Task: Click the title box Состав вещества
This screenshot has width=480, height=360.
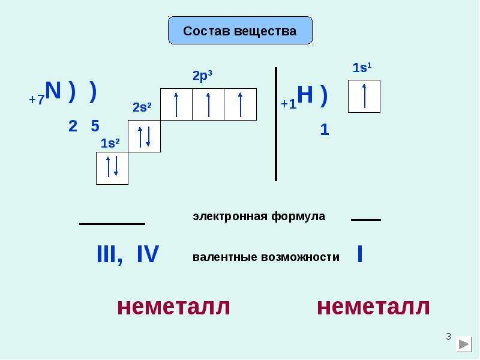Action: (x=241, y=31)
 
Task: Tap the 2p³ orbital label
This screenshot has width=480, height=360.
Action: (x=202, y=76)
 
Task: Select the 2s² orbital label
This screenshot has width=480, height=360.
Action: (x=142, y=107)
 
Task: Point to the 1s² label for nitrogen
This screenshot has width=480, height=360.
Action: (x=110, y=143)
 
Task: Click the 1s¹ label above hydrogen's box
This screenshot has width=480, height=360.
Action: (x=362, y=68)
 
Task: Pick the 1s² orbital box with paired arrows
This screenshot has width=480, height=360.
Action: (x=112, y=168)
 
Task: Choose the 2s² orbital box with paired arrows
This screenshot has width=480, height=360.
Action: (x=144, y=136)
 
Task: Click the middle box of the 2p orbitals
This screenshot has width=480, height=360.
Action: (x=208, y=104)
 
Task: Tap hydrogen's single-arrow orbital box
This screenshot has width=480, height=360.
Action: (x=364, y=97)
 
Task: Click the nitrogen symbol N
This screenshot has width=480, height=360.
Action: (x=53, y=91)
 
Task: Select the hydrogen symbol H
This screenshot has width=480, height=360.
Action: (x=305, y=95)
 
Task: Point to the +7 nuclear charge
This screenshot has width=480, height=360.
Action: (x=37, y=100)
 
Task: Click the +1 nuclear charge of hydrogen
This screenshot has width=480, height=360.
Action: (x=289, y=104)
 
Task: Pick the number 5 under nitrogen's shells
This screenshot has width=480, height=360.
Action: (x=95, y=126)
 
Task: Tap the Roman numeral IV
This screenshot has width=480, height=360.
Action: (x=148, y=254)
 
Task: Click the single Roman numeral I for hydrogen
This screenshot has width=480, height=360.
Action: (x=360, y=254)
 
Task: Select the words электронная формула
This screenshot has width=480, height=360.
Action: (x=259, y=217)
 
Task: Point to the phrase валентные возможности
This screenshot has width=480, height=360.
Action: (x=266, y=257)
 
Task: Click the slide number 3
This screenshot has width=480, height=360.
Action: (x=448, y=337)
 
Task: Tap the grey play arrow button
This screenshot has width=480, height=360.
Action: (x=464, y=344)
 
